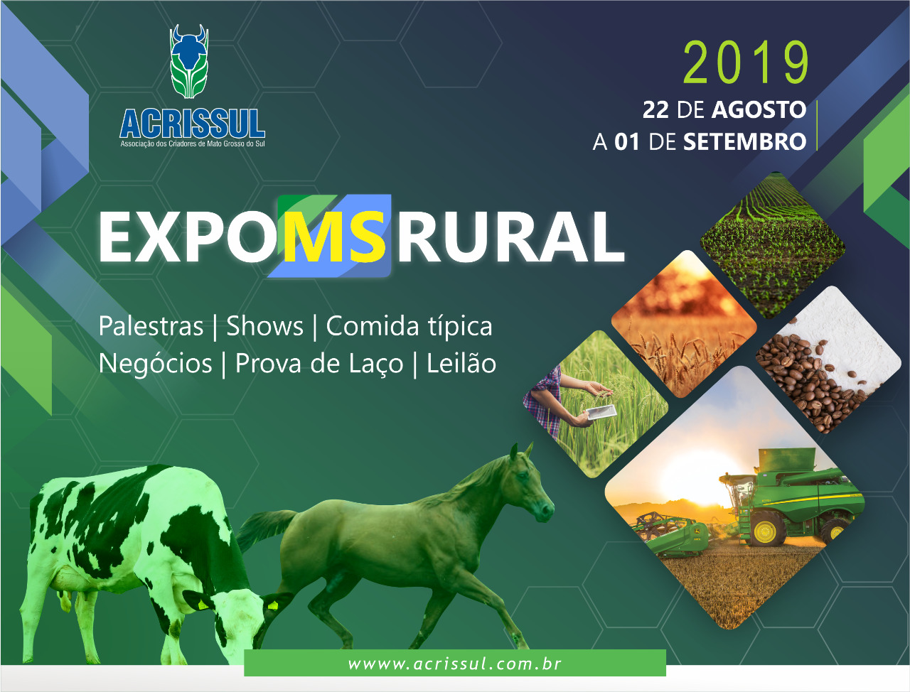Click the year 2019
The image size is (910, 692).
746,63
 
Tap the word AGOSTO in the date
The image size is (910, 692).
759,110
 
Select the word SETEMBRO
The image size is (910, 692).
744,141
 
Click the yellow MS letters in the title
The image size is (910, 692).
334,237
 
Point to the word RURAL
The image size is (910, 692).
510,237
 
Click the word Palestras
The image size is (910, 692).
151,326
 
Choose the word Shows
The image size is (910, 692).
264,326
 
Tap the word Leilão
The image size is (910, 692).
461,363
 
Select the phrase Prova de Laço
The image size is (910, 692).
319,364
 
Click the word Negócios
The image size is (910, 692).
156,363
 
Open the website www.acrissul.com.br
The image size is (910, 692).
455,664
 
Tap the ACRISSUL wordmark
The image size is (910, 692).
193,124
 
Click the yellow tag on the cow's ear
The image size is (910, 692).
272,606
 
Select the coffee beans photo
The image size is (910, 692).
828,359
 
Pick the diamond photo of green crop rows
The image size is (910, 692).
772,246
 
